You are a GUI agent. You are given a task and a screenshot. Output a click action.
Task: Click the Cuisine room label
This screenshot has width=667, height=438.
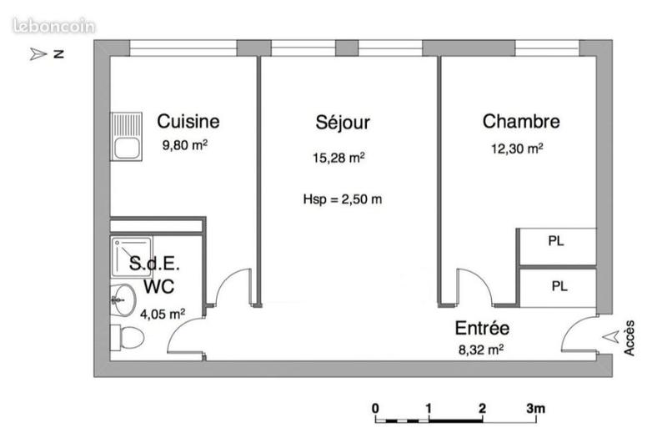(x=188, y=122)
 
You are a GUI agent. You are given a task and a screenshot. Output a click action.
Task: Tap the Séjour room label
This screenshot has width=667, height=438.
(x=343, y=123)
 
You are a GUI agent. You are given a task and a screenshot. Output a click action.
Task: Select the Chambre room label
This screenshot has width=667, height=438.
(x=521, y=122)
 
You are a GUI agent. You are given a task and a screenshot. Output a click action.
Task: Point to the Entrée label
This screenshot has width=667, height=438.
(x=482, y=328)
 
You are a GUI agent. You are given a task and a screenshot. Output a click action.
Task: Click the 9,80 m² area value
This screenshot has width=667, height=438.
(x=184, y=144)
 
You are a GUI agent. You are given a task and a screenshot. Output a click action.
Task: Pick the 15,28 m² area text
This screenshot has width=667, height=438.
(x=339, y=158)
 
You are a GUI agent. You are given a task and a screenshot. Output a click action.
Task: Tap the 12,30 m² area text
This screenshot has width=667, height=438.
(x=517, y=149)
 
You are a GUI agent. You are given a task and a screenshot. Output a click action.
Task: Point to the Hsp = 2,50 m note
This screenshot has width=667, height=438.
(x=343, y=199)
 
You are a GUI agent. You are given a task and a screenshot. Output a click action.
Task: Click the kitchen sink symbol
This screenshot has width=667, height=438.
(x=129, y=141)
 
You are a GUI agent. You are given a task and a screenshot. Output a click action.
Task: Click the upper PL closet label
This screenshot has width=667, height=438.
(x=556, y=241)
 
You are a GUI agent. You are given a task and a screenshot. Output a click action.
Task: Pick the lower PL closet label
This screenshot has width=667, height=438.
(x=559, y=286)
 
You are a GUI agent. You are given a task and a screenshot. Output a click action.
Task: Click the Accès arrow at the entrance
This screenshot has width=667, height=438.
(x=614, y=338)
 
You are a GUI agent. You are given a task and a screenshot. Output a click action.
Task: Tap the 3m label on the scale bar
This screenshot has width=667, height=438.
(x=534, y=408)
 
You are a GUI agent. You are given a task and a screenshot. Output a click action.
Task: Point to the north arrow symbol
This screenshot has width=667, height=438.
(x=38, y=55)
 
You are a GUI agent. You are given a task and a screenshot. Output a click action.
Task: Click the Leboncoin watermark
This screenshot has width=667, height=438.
(x=55, y=27)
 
